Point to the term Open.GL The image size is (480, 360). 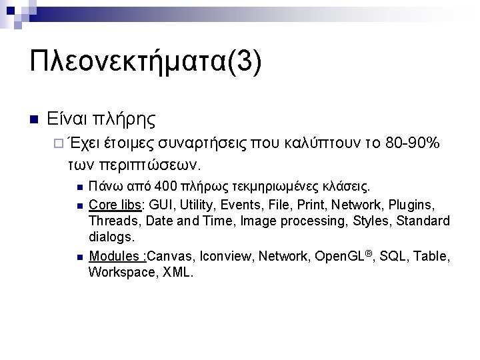click(x=339, y=256)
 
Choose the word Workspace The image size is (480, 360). click(x=121, y=272)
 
